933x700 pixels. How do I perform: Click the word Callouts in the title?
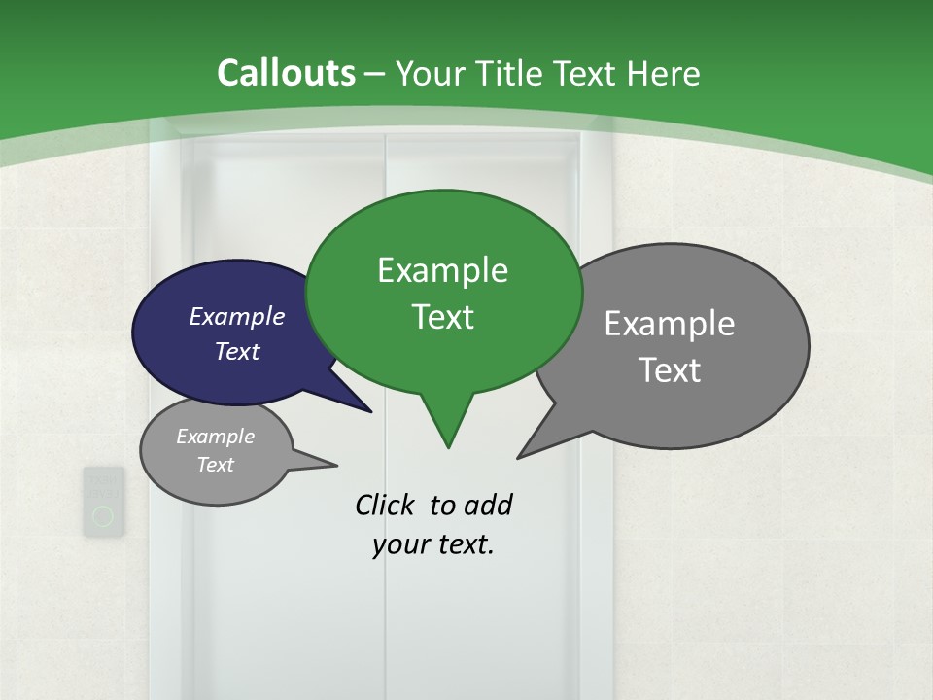[286, 73]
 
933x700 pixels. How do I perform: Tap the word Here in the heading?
[664, 74]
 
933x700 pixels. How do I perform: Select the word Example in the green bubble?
[442, 270]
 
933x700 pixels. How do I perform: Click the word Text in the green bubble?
[442, 317]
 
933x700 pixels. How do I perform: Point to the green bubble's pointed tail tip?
[448, 447]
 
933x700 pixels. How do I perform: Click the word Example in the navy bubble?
[237, 316]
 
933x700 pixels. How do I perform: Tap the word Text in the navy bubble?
[237, 351]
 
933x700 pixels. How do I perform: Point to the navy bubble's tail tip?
[371, 411]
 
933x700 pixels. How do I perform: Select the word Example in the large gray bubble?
[670, 324]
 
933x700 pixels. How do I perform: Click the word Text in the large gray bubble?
[670, 370]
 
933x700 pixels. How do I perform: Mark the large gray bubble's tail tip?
[518, 457]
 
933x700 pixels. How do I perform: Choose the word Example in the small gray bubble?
[216, 437]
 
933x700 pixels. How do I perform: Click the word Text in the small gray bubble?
[216, 465]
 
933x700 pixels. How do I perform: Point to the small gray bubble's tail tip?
[336, 465]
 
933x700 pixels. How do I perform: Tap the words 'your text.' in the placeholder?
[433, 544]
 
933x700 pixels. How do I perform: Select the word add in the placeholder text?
[489, 506]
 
